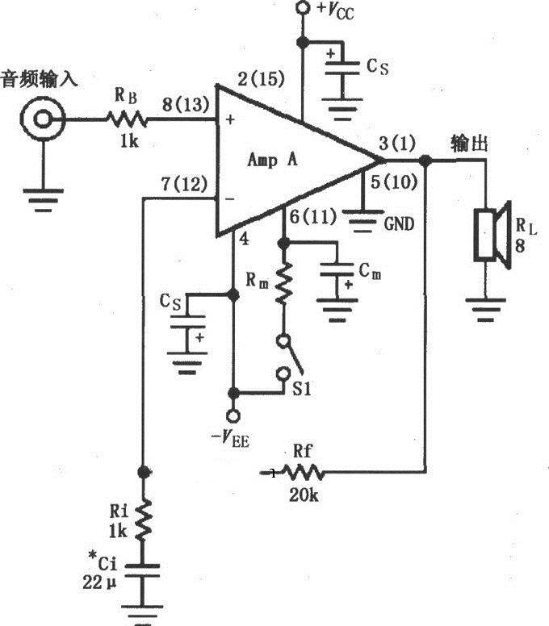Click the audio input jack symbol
(x=40, y=121)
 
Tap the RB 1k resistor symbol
(x=124, y=121)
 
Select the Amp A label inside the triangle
(x=272, y=160)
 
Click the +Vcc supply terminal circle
(x=303, y=9)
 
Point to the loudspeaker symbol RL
(x=489, y=234)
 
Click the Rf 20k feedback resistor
(x=300, y=472)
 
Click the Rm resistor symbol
(x=283, y=286)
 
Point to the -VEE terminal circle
(x=234, y=416)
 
